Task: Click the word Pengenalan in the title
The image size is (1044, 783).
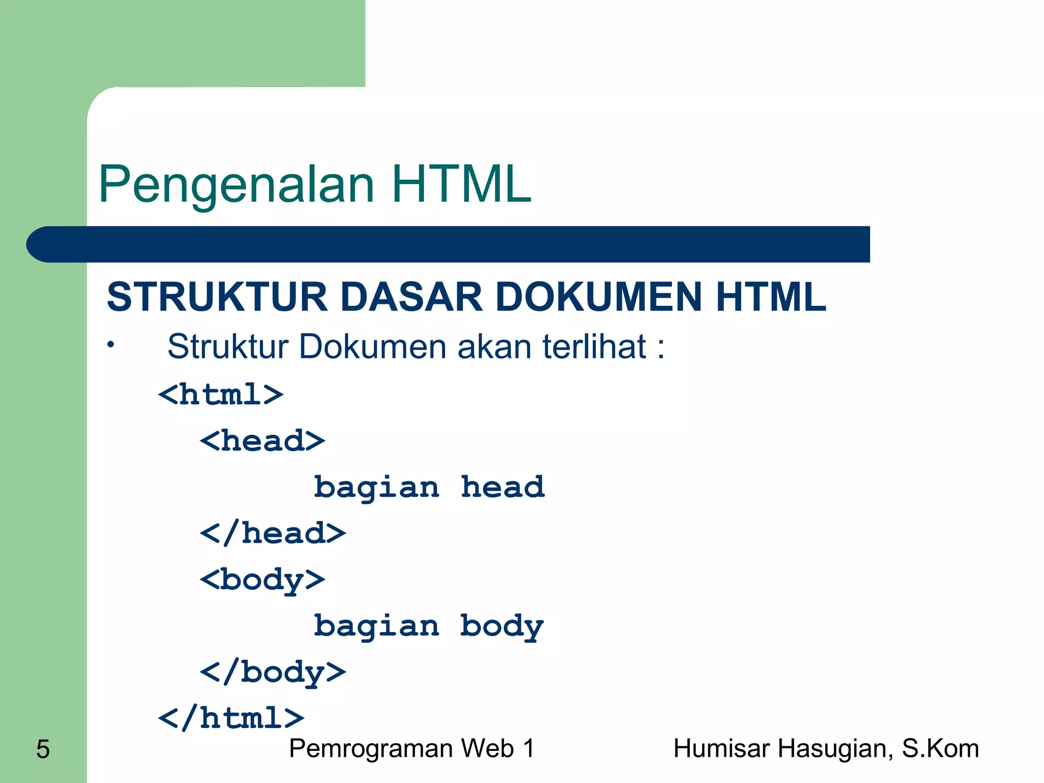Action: tap(236, 185)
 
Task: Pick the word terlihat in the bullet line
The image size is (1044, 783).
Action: tap(594, 347)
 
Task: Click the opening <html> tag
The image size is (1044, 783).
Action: tap(221, 395)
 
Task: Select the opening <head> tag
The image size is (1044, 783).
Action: tap(263, 440)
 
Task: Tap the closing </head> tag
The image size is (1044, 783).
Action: tap(273, 533)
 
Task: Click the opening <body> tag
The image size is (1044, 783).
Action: tap(263, 580)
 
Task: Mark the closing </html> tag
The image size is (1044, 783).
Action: tap(231, 719)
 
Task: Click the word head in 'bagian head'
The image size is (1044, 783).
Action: tap(503, 487)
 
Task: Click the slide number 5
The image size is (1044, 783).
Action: tap(43, 749)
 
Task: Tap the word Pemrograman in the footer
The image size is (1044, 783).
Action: tap(371, 749)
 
